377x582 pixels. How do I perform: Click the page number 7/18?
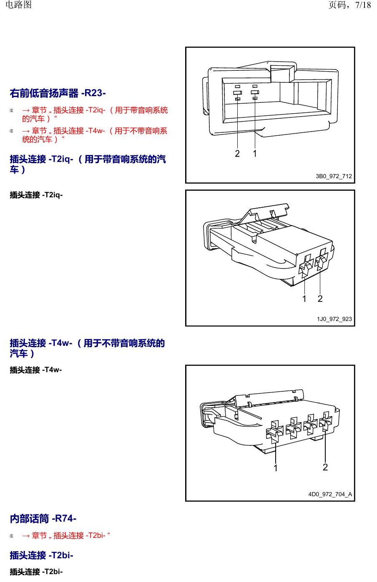tap(363, 5)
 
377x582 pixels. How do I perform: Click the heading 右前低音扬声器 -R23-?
tap(58, 93)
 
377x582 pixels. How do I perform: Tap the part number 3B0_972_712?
tap(334, 176)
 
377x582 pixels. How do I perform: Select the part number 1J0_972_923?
tap(334, 319)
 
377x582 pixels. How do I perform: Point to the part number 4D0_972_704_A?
tap(330, 494)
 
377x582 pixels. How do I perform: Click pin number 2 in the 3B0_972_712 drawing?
tap(237, 154)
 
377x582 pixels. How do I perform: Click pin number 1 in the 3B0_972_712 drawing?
tap(255, 154)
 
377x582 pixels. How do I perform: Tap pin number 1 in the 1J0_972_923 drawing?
tap(304, 299)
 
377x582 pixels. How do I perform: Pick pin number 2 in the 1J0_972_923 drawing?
tap(320, 299)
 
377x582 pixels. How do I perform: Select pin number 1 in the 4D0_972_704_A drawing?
tap(276, 468)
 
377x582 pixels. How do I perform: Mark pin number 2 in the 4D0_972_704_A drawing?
tap(325, 467)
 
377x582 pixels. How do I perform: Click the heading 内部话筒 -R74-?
tap(43, 519)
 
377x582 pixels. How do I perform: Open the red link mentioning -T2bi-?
tap(66, 535)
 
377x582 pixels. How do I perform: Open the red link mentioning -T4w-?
tap(95, 135)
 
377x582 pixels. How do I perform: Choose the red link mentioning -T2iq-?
tap(95, 114)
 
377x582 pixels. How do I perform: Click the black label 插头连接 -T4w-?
tap(36, 370)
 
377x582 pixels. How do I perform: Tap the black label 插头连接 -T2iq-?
tap(36, 195)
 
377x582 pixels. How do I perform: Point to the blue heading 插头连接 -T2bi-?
tap(41, 555)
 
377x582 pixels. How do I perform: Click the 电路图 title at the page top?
tap(18, 5)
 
